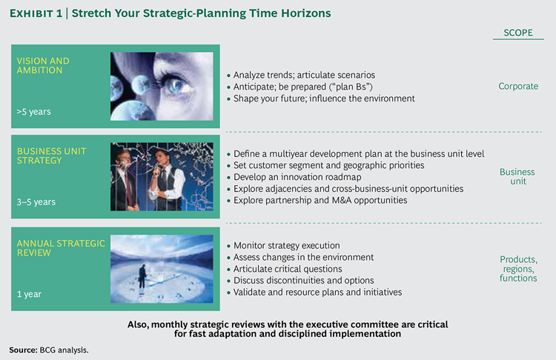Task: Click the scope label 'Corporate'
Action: coord(518,87)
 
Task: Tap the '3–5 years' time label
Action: coord(36,201)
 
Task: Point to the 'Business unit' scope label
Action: coord(517,177)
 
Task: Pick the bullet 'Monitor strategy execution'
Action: coord(289,245)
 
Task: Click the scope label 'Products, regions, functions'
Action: coord(518,268)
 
